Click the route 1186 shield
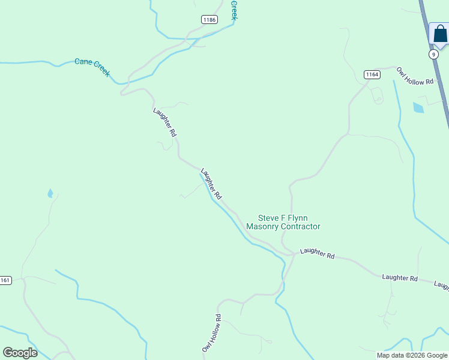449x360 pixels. click(x=209, y=20)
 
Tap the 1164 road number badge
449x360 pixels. click(x=372, y=74)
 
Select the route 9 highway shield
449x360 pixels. click(x=433, y=54)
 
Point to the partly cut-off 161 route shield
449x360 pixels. click(x=5, y=280)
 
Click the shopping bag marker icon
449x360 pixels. click(x=440, y=34)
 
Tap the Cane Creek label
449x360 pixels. click(x=92, y=67)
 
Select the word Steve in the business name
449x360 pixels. click(x=269, y=218)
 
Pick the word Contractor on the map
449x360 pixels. click(x=303, y=227)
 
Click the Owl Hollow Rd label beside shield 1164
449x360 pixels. click(x=415, y=76)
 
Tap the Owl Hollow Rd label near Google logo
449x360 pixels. click(x=211, y=333)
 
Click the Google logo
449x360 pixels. click(x=20, y=353)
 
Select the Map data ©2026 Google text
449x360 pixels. click(x=412, y=355)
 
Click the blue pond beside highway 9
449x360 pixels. click(x=418, y=108)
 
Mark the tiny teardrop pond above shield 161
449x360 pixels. click(x=50, y=194)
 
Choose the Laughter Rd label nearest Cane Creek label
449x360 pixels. click(x=164, y=122)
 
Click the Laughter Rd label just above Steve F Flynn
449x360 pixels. click(x=211, y=184)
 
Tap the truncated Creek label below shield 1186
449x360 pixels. click(x=234, y=10)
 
